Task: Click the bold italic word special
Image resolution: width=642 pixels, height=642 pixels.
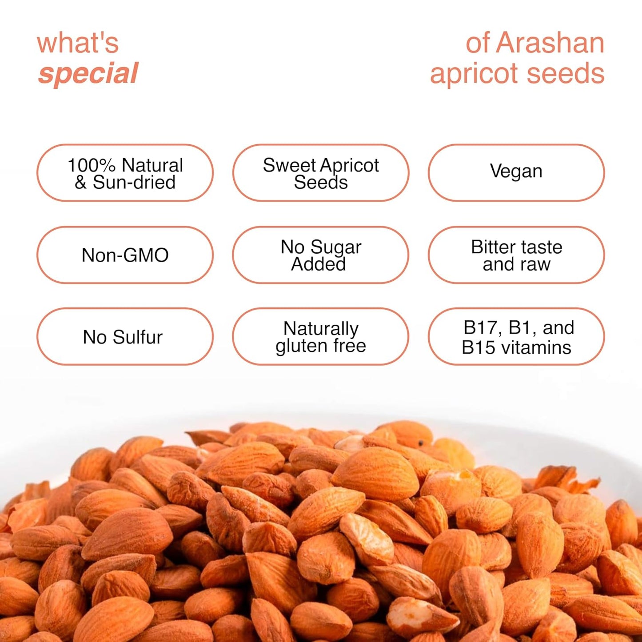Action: click(x=88, y=74)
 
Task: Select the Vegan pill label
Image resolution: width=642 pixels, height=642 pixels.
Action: click(x=516, y=171)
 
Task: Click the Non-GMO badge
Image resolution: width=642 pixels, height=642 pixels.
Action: click(x=125, y=255)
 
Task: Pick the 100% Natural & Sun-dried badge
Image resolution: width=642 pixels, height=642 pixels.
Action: click(x=125, y=173)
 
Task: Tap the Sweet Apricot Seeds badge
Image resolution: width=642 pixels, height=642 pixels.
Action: click(x=320, y=173)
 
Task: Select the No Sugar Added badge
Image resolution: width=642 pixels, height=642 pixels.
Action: click(x=320, y=255)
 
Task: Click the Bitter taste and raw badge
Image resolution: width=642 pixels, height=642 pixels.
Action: click(x=516, y=255)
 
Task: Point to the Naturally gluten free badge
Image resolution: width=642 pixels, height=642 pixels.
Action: click(x=320, y=337)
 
